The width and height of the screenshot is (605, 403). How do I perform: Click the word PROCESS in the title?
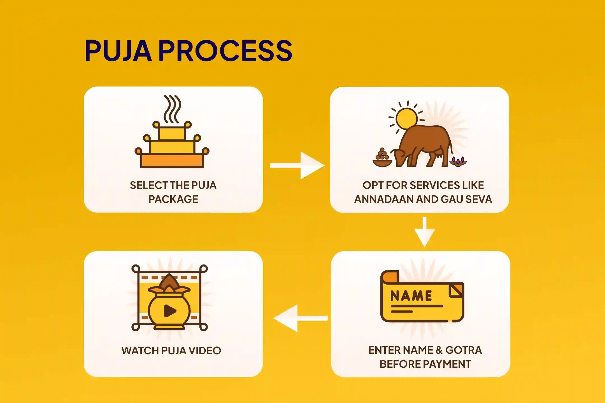coord(225,51)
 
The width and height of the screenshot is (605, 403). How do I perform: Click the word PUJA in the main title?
coord(118,51)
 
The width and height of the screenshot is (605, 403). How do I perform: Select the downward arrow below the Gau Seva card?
coord(425,231)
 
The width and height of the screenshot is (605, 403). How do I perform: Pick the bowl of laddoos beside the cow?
coord(382,159)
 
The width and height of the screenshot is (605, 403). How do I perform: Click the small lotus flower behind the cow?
coord(458,162)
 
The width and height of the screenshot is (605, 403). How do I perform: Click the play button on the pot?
coord(170,311)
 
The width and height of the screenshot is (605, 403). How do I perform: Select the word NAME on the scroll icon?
coord(411,296)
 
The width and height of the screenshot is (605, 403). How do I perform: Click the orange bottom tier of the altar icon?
coord(172,160)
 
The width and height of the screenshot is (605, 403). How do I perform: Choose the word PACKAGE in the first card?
coord(173,199)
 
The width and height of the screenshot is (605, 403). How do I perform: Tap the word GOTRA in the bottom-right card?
coord(464,350)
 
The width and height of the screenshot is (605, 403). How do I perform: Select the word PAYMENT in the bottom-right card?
coord(446,364)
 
